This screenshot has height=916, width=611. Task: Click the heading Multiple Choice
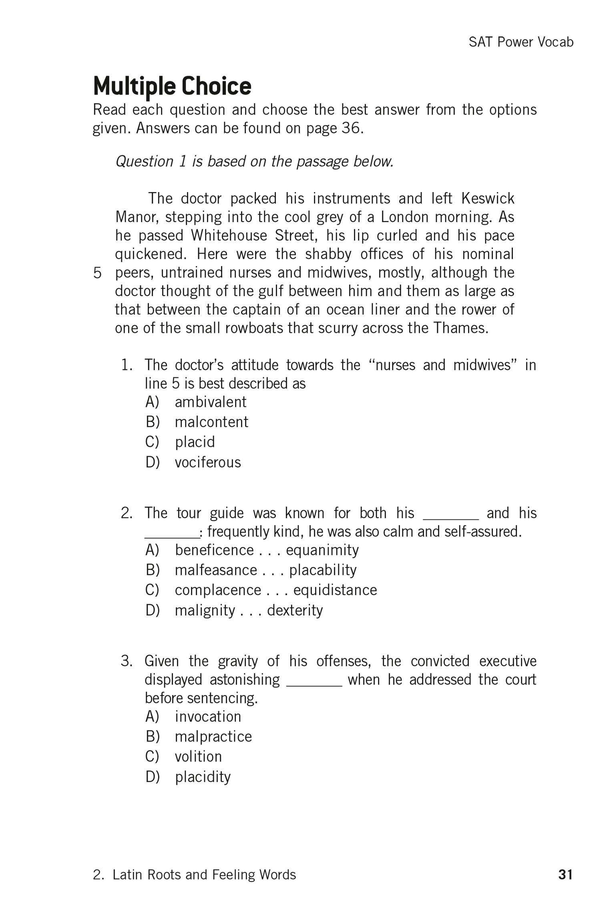tap(172, 86)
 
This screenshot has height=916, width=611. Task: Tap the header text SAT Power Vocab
tap(521, 42)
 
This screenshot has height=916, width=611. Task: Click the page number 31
tap(565, 875)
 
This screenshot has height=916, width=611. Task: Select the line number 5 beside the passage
tap(97, 273)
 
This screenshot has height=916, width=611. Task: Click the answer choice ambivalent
tap(210, 402)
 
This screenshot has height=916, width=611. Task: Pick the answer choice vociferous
tap(207, 463)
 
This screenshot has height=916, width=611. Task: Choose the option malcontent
tap(211, 422)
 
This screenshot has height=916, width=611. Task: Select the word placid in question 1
tap(195, 442)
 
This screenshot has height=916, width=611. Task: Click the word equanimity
tap(322, 550)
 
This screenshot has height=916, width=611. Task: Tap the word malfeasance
tap(216, 570)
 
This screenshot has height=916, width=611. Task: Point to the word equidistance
tap(335, 590)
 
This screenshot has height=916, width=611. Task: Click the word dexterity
tap(295, 611)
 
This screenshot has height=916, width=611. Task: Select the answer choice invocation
tap(208, 717)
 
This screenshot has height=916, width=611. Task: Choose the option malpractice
tap(213, 737)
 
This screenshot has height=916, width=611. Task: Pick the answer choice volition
tap(198, 757)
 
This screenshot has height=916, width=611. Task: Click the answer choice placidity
tap(203, 777)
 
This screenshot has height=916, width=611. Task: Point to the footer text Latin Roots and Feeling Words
tap(204, 875)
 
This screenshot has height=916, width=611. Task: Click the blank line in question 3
tap(314, 685)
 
